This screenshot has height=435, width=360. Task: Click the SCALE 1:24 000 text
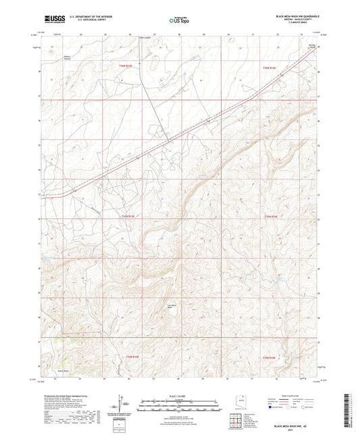(x=180, y=396)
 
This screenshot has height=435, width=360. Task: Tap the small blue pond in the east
(x=278, y=277)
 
